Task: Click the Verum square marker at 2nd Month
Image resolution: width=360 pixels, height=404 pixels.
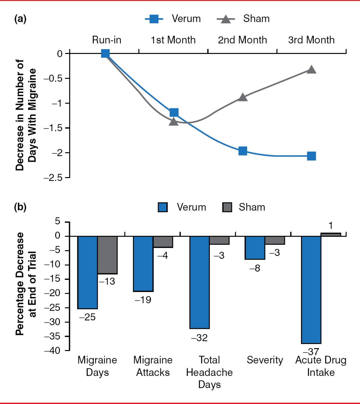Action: [x=243, y=151]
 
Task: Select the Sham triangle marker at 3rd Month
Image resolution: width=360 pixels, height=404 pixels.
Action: [x=311, y=69]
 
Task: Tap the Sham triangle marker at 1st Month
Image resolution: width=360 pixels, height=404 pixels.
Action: [x=174, y=121]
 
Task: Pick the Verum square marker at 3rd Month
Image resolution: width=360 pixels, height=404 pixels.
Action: [x=311, y=156]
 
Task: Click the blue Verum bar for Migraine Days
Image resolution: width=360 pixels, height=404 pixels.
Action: [x=87, y=272]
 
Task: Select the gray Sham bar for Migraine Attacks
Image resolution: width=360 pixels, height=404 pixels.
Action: [x=163, y=242]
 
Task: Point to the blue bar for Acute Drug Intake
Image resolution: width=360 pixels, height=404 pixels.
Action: [x=311, y=289]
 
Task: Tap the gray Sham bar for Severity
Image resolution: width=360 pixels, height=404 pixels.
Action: [x=275, y=240]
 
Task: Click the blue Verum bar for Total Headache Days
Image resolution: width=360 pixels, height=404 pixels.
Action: [x=199, y=282]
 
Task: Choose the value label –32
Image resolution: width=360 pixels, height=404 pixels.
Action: [x=199, y=338]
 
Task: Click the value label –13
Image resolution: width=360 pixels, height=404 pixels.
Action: [x=107, y=282]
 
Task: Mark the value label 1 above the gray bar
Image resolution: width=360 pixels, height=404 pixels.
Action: [x=331, y=226]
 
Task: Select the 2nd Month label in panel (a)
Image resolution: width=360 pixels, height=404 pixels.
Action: [x=242, y=40]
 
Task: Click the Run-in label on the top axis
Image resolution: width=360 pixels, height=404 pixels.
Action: [x=107, y=40]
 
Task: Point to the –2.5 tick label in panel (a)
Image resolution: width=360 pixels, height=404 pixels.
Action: [x=53, y=178]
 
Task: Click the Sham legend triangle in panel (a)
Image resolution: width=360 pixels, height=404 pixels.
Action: [x=226, y=19]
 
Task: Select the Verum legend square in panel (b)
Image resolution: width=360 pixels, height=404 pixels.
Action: [x=163, y=207]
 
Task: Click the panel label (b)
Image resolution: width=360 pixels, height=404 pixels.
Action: [x=20, y=207]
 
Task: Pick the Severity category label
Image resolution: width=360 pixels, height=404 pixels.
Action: [x=265, y=360]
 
